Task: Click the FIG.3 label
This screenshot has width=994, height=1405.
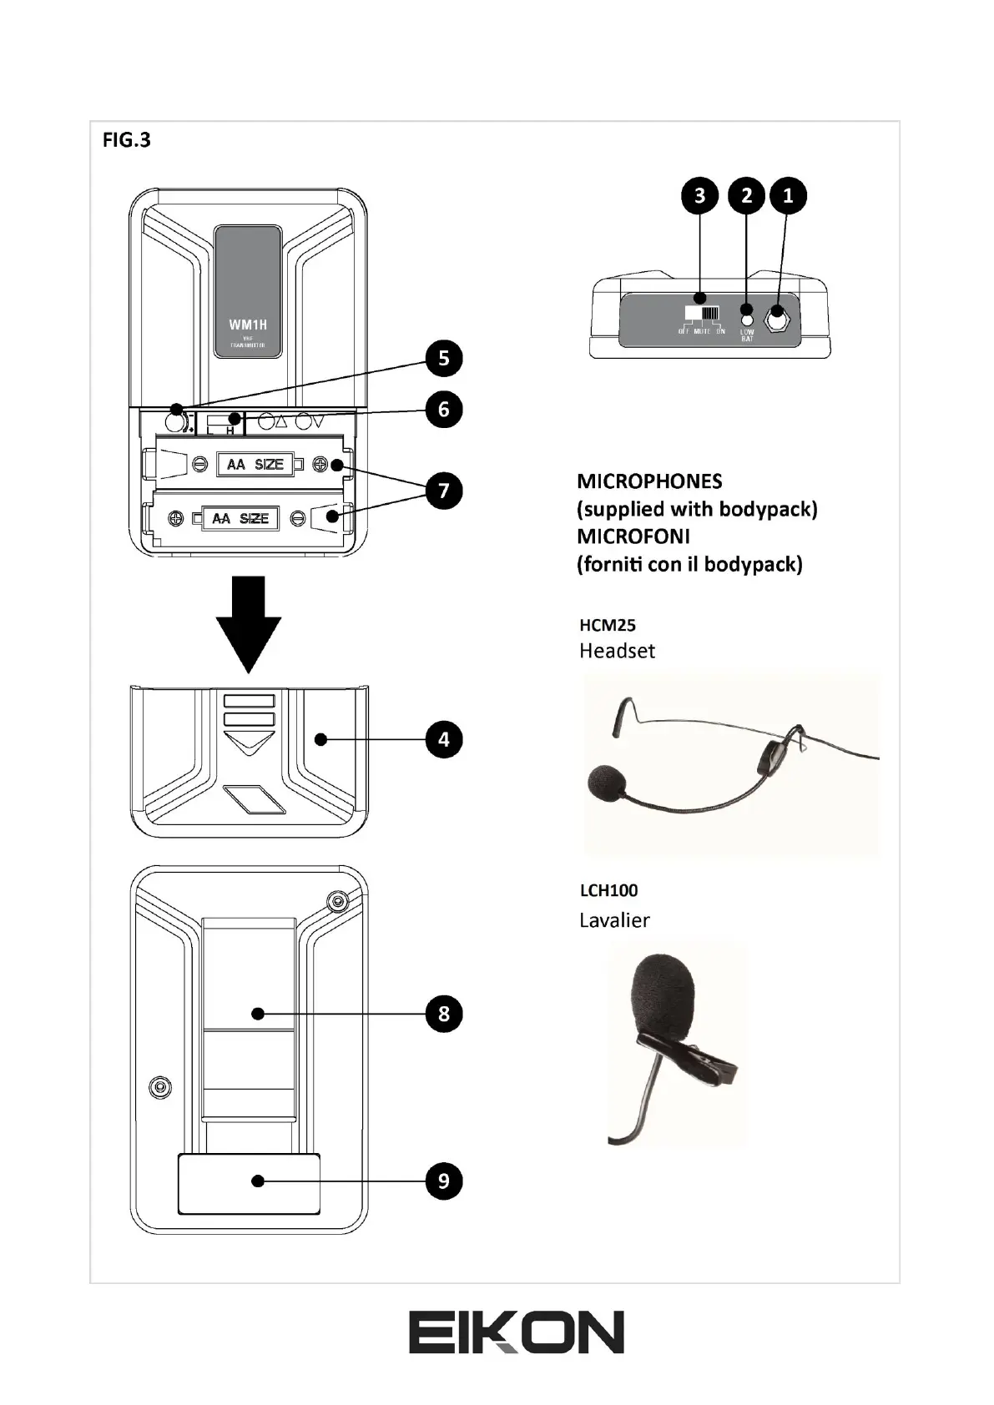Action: [x=126, y=139]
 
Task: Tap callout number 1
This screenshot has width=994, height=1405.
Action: [x=787, y=196]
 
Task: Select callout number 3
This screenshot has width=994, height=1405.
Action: [x=699, y=196]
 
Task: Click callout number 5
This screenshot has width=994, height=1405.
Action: [x=443, y=359]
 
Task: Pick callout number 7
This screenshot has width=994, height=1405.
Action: [x=443, y=490]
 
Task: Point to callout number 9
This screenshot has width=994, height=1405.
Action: [x=443, y=1181]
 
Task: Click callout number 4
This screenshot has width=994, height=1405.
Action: [x=443, y=739]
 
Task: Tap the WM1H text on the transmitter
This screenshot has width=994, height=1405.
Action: [x=248, y=325]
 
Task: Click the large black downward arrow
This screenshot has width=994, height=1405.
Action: [x=249, y=622]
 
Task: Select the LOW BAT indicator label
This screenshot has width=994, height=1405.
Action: [x=747, y=335]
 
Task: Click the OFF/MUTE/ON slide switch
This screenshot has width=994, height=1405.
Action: [x=702, y=314]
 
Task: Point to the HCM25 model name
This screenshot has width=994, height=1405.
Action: [x=608, y=625]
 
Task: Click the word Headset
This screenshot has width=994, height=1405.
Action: [x=617, y=651]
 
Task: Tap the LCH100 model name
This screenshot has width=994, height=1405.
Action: [x=608, y=890]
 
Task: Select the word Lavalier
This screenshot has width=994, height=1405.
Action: [x=614, y=920]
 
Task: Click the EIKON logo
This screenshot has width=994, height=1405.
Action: [x=516, y=1332]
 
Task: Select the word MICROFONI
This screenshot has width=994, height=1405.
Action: [x=633, y=536]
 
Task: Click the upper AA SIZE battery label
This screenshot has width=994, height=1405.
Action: [x=255, y=464]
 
